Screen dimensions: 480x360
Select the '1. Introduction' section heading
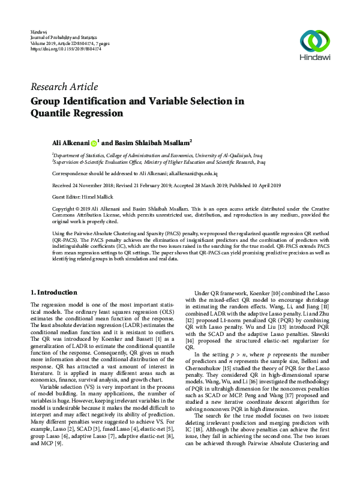point(55,292)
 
